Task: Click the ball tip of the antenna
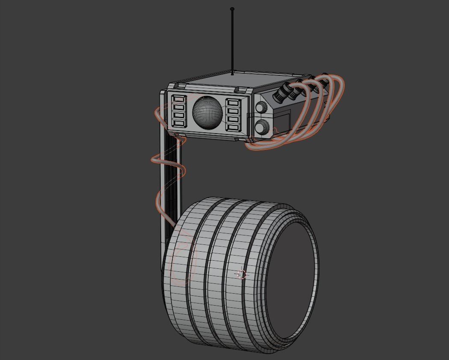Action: pyautogui.click(x=232, y=9)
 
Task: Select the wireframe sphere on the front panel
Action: pyautogui.click(x=207, y=112)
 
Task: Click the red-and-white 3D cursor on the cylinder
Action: pyautogui.click(x=242, y=274)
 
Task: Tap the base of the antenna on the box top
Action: pyautogui.click(x=232, y=74)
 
